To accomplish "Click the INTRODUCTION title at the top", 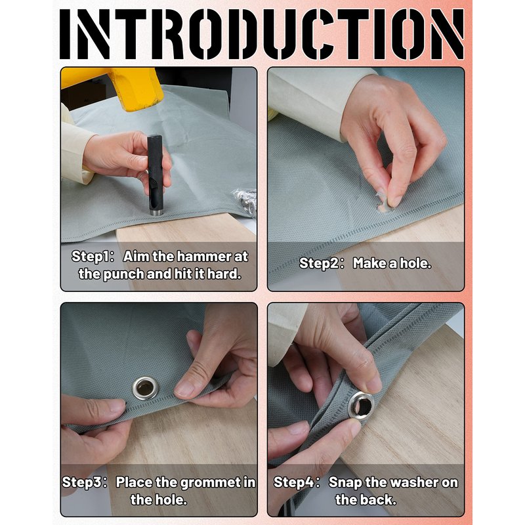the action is coord(262,34).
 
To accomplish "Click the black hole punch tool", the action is coord(155,175).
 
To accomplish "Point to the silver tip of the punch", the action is coord(156,212).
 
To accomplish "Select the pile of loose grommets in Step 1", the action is coord(244,200).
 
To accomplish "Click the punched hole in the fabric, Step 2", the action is coord(383,207).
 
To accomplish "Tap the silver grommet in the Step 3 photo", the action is coord(145,388).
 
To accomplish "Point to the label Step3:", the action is coord(85,482).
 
